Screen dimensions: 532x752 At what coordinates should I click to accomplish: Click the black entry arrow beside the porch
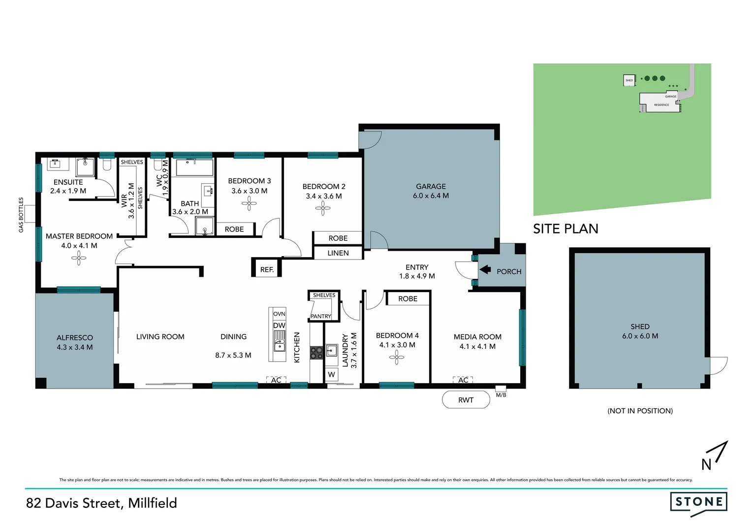[x=485, y=269]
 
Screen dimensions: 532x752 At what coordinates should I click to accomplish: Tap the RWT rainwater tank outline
[x=466, y=400]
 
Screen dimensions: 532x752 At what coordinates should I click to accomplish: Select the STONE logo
[x=698, y=502]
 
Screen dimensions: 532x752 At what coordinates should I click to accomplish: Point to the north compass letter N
[x=707, y=464]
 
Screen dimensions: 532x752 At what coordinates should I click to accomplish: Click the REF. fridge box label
[x=267, y=269]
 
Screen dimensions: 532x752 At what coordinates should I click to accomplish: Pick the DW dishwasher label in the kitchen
[x=279, y=326]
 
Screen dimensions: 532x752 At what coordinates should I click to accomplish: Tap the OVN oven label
[x=279, y=314]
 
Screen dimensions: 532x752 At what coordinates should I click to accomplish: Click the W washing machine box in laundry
[x=332, y=375]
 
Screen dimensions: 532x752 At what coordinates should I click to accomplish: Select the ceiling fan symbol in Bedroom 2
[x=323, y=209]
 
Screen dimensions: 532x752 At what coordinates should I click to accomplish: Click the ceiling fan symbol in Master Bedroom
[x=79, y=258]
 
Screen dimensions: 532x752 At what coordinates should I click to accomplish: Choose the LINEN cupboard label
[x=338, y=253]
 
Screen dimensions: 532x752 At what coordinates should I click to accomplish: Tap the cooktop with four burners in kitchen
[x=316, y=352]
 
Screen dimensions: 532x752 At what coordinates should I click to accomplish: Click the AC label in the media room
[x=463, y=380]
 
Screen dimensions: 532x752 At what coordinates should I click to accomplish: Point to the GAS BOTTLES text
[x=21, y=215]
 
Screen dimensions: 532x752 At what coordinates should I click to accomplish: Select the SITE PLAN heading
[x=565, y=229]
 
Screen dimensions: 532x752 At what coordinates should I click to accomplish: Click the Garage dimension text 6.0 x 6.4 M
[x=431, y=196]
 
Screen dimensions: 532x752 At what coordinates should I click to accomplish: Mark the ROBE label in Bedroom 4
[x=407, y=299]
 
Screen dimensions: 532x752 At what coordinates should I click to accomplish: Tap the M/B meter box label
[x=501, y=395]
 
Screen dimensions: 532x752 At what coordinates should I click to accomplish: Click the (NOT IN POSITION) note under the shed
[x=640, y=411]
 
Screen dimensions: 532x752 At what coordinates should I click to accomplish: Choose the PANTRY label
[x=321, y=316]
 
